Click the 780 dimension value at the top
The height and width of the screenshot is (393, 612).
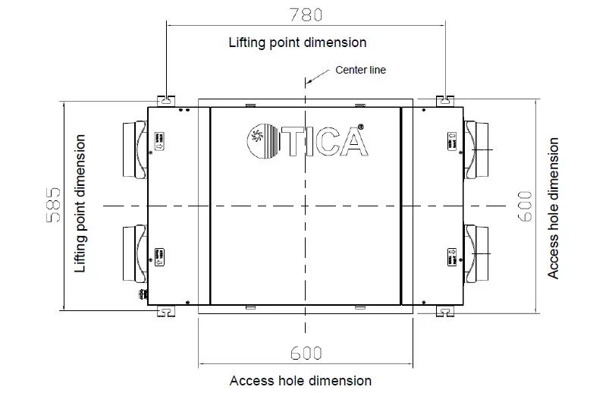(x=306, y=14)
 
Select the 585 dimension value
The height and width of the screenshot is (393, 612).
(x=54, y=205)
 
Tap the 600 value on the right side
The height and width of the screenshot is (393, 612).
(x=525, y=206)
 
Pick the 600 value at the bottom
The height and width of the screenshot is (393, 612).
(x=305, y=353)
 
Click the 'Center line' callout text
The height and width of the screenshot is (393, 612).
(x=361, y=71)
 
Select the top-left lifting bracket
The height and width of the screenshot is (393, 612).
(x=166, y=100)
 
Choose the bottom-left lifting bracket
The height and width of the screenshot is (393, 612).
(x=166, y=310)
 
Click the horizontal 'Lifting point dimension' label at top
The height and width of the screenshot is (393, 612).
(x=297, y=42)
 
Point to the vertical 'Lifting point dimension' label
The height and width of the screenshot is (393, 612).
(x=80, y=204)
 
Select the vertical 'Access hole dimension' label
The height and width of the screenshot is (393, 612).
(x=554, y=207)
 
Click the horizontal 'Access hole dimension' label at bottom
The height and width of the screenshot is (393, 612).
(x=300, y=380)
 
